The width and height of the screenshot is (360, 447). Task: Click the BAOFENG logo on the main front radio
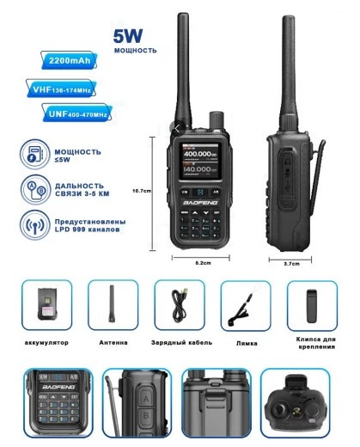(204, 203)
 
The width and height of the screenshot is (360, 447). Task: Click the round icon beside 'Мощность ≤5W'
(33, 156)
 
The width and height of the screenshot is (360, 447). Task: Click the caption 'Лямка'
(247, 342)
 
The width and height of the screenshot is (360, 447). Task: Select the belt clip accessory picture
(311, 305)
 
